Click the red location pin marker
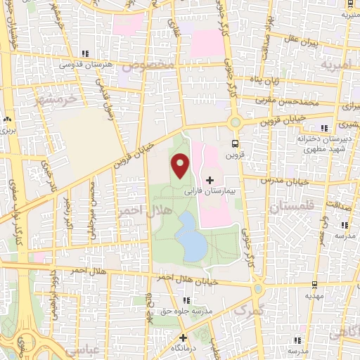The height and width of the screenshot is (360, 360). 180,166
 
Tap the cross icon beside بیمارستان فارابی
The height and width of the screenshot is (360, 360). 209,181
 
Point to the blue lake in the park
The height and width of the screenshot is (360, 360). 190,237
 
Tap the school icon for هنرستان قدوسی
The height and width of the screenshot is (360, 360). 84,53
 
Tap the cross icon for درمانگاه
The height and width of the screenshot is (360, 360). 182,337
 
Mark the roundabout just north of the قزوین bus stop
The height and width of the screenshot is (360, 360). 236,122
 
